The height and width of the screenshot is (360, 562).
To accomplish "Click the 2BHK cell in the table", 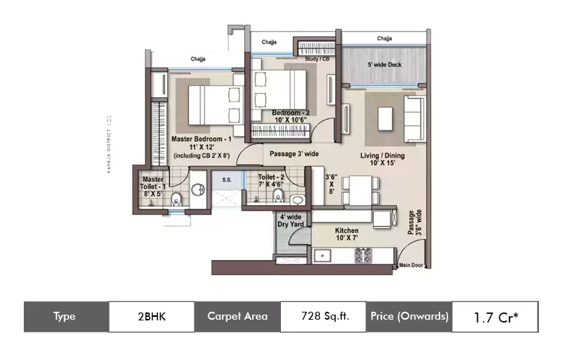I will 151,316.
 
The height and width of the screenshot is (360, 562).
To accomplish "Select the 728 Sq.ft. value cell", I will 323,316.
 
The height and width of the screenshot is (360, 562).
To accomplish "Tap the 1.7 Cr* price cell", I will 495,316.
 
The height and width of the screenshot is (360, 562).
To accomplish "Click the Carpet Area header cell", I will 237,316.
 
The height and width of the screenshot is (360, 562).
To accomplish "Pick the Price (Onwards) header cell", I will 409,316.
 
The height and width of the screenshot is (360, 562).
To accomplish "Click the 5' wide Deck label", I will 384,66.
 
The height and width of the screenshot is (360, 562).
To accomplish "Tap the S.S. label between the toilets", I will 226,179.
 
